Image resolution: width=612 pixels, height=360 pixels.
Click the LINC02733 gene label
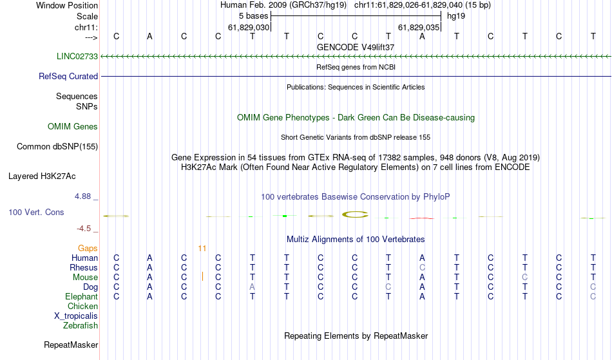(77, 56)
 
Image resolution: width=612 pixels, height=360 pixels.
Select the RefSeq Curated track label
(68, 76)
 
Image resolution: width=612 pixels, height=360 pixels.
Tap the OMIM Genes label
(72, 126)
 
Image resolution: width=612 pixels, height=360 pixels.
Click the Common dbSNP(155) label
(57, 146)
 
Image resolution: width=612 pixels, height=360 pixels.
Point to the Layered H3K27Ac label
(42, 176)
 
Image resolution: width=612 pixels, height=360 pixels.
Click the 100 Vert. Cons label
(36, 212)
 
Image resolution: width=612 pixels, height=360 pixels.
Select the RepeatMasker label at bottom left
(71, 345)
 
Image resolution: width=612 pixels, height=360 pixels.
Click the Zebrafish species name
(81, 325)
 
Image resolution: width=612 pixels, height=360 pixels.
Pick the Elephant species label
(81, 296)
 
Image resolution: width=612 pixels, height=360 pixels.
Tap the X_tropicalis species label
(76, 316)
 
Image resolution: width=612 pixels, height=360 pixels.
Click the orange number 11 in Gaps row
(202, 249)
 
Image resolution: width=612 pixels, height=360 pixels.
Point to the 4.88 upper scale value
(82, 196)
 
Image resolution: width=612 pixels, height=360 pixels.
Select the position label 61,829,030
(249, 27)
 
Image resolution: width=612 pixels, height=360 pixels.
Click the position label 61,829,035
(419, 27)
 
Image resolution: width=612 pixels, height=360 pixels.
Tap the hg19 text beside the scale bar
(456, 16)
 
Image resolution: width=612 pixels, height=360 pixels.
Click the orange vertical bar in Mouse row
(202, 276)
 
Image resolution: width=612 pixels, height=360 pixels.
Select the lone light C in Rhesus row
(423, 267)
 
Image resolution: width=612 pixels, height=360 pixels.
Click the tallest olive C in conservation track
(355, 214)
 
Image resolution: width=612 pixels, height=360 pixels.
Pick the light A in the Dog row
(252, 287)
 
